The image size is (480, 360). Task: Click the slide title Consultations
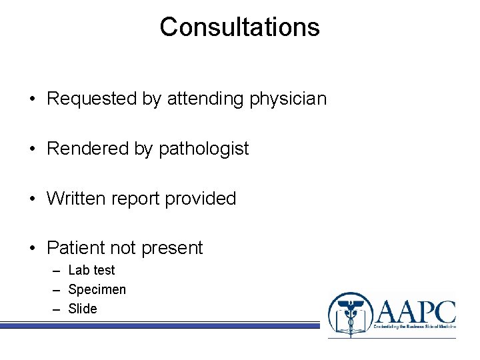239,27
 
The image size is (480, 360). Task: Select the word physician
288,99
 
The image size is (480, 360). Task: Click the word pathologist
203,149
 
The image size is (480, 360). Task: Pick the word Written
73,199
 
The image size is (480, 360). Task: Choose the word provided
201,199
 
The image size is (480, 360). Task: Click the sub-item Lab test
91,270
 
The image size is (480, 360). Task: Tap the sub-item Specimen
97,289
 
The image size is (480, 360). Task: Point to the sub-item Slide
83,309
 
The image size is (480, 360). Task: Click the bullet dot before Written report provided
33,199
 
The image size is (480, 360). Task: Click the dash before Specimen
55,290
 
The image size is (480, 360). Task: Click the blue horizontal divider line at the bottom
160,325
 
